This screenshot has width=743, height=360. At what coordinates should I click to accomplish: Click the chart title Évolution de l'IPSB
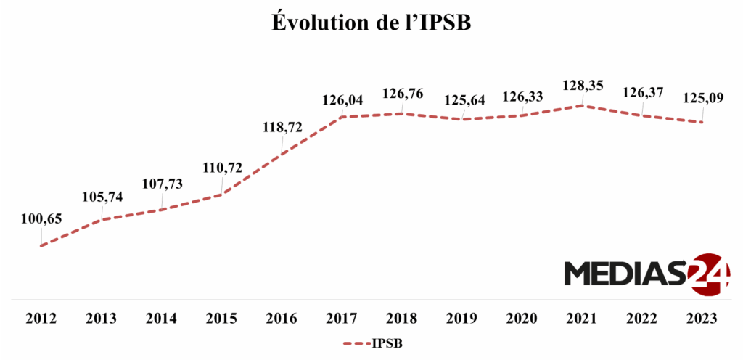(371, 22)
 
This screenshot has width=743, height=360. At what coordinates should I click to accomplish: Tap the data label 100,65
(42, 218)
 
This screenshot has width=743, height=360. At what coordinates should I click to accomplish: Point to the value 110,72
(223, 168)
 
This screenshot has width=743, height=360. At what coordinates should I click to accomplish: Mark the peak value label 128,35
(583, 86)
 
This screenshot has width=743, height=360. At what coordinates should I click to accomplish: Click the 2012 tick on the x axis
(42, 319)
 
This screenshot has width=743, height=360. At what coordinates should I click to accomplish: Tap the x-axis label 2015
(222, 319)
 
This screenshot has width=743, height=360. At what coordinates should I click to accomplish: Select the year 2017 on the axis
(342, 319)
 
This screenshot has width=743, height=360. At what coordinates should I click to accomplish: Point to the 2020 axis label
(522, 319)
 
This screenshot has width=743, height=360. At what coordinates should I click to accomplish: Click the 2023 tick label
(702, 319)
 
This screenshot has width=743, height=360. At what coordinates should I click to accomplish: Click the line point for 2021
(582, 105)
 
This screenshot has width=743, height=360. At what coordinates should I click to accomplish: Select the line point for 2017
(342, 116)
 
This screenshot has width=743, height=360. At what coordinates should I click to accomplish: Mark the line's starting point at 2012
(42, 245)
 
